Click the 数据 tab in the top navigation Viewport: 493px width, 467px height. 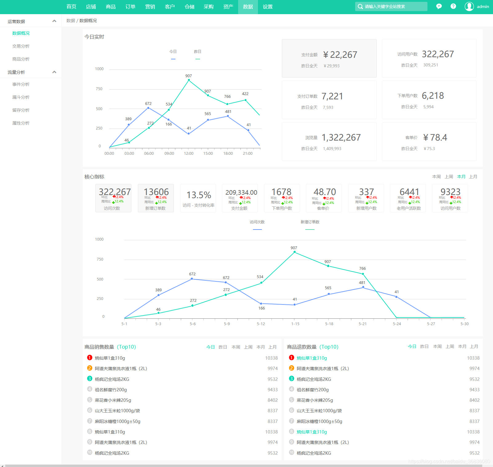coord(248,7)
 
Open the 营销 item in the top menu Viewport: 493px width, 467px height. coord(150,7)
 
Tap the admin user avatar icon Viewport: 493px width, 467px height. coord(469,6)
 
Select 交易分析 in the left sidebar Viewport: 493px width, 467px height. coord(21,46)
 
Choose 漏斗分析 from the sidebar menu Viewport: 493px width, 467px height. coord(21,97)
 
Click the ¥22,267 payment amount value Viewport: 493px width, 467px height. coord(340,55)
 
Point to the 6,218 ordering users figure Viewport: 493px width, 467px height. coord(433,96)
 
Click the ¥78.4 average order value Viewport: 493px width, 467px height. coord(435,138)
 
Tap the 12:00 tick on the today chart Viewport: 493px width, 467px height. coord(189,154)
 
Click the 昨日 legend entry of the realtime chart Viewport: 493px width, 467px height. coord(198,52)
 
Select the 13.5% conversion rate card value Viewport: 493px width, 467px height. coord(199,195)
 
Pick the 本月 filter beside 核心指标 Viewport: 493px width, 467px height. coord(461,177)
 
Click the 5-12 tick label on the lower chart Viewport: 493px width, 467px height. coord(261,324)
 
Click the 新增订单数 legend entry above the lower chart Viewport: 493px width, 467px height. coord(310,222)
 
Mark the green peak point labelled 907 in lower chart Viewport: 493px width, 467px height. coord(295,252)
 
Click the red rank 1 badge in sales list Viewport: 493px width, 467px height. coord(90,357)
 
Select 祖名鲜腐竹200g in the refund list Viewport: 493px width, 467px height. coord(312,390)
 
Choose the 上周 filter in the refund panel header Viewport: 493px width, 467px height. coord(450,346)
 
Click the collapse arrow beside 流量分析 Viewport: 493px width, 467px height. coord(54,72)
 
